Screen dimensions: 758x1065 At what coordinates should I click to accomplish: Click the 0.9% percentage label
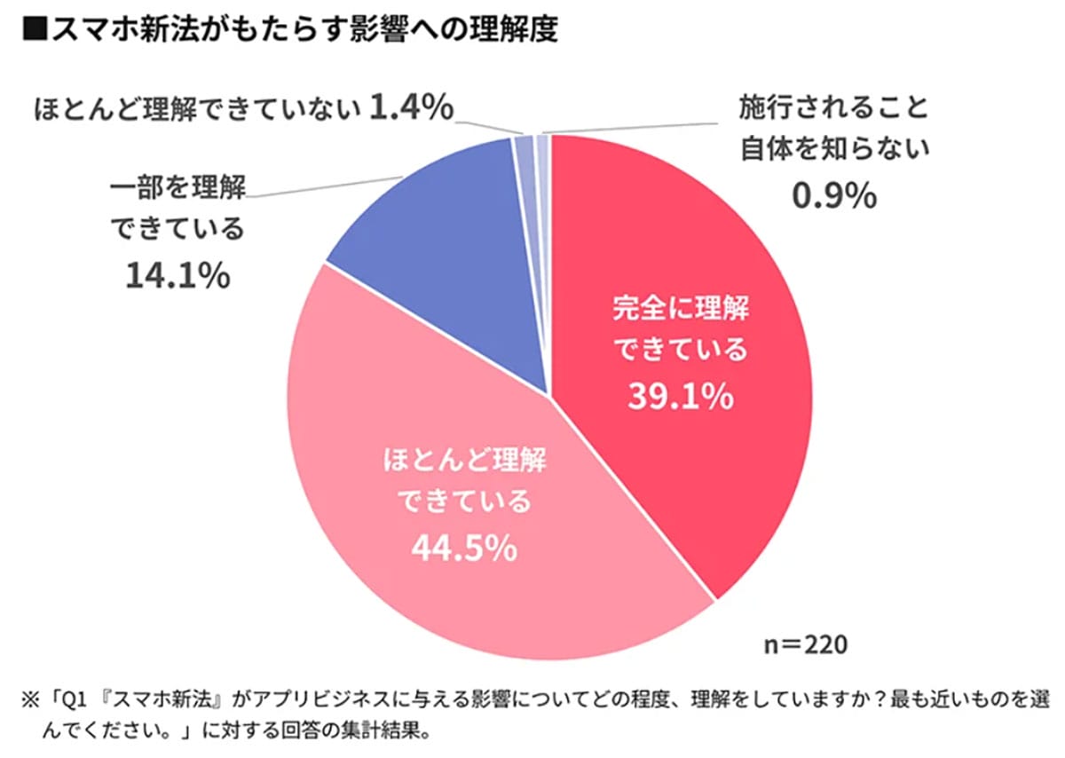833,195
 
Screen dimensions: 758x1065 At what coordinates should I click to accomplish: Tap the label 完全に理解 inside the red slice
681,310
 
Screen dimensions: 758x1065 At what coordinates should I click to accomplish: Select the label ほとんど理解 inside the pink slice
464,462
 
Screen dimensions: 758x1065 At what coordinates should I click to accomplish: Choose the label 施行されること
833,109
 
